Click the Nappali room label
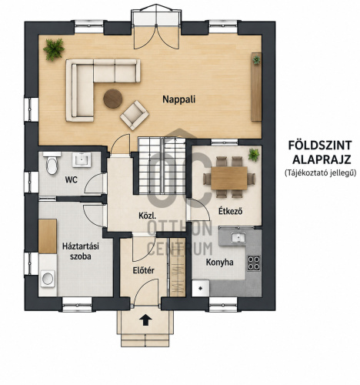[x=178, y=99]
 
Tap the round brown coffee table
[x=112, y=99]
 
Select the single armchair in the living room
[x=135, y=115]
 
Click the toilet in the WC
[x=52, y=163]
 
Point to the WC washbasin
[x=82, y=159]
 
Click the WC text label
[x=71, y=180]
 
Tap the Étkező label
[x=230, y=211]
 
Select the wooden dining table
[x=229, y=178]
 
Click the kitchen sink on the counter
[x=238, y=237]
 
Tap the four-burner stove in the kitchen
[x=254, y=263]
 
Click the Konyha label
[x=220, y=263]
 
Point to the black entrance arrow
[x=145, y=320]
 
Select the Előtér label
[x=144, y=270]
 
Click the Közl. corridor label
[x=147, y=216]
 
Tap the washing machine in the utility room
[x=48, y=279]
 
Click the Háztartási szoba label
[x=81, y=251]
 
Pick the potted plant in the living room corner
[x=54, y=49]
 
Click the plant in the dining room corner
[x=254, y=155]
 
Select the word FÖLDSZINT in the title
[x=320, y=146]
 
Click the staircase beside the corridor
[x=162, y=166]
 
